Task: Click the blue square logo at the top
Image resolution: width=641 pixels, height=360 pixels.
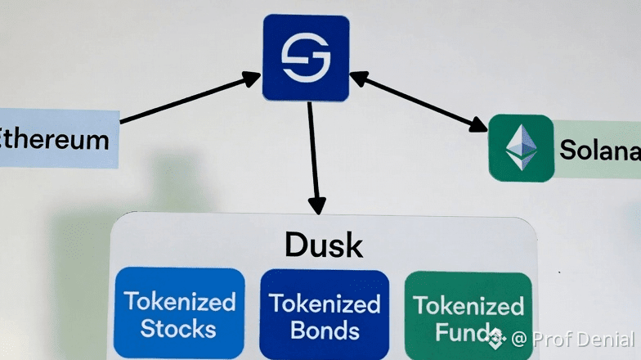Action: pyautogui.click(x=306, y=57)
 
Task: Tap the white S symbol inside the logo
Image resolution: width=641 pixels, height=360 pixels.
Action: pyautogui.click(x=306, y=58)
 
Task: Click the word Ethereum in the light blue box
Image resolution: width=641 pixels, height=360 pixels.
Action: pyautogui.click(x=56, y=138)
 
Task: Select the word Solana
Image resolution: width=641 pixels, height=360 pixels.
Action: pyautogui.click(x=599, y=150)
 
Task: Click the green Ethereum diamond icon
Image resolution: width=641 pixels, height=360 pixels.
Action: pyautogui.click(x=521, y=148)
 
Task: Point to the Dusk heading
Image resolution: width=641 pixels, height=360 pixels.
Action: pyautogui.click(x=324, y=244)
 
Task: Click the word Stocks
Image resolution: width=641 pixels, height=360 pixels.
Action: pyautogui.click(x=178, y=329)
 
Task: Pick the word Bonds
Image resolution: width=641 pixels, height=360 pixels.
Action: pyautogui.click(x=325, y=331)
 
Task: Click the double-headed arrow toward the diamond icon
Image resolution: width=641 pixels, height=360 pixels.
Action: pyautogui.click(x=419, y=101)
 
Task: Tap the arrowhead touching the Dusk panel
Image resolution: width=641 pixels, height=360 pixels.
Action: pyautogui.click(x=316, y=205)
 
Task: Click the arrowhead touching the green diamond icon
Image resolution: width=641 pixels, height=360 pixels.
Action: pyautogui.click(x=477, y=125)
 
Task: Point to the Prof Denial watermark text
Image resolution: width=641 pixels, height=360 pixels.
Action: pyautogui.click(x=582, y=338)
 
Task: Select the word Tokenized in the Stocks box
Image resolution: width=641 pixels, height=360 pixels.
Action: pyautogui.click(x=179, y=301)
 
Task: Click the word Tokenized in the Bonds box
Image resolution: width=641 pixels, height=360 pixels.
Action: pyautogui.click(x=325, y=304)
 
